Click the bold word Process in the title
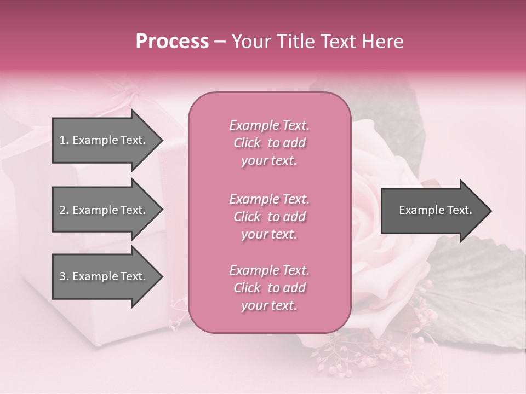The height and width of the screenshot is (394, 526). click(x=172, y=42)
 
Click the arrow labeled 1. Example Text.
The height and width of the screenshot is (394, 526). click(x=104, y=140)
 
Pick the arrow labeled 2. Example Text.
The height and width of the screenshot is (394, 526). click(x=104, y=210)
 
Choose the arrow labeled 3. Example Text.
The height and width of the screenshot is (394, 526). click(x=104, y=276)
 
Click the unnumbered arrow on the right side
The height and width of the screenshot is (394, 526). click(x=433, y=211)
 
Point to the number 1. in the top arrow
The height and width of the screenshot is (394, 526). click(x=64, y=140)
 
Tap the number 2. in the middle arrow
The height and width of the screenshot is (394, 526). click(x=64, y=210)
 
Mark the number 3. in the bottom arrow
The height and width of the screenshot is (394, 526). click(x=64, y=276)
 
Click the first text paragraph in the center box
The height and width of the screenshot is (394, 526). click(x=269, y=143)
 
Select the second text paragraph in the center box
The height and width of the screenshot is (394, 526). click(x=269, y=217)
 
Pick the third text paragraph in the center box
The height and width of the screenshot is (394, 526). click(x=269, y=288)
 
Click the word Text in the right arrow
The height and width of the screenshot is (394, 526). click(x=460, y=210)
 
